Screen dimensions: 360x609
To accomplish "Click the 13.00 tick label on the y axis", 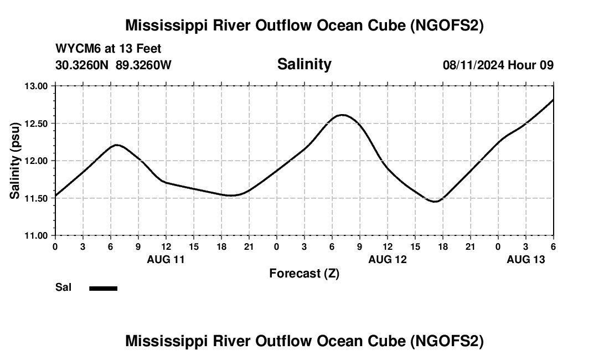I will tap(36, 86).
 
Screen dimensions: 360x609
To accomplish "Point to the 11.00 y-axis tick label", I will tap(36, 235).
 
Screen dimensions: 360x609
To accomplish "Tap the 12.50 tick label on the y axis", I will tap(36, 123).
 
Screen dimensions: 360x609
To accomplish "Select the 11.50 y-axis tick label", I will tap(36, 198).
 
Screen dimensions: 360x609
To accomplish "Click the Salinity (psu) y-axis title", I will tap(15, 161).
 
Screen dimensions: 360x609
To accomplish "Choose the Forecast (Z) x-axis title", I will tap(304, 273).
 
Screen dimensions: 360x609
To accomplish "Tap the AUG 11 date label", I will tap(166, 259).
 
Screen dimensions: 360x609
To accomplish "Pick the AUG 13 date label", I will tap(525, 259).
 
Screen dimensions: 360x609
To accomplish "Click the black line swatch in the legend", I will tap(103, 288).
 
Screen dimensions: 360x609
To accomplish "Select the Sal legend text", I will tap(63, 287).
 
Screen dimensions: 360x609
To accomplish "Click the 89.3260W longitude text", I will tap(143, 65).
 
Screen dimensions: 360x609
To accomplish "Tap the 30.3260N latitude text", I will tap(82, 65).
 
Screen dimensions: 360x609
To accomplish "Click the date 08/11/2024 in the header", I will tap(473, 65).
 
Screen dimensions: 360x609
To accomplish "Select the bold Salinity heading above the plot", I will tap(304, 64).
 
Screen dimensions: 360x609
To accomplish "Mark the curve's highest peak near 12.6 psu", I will tap(342, 115).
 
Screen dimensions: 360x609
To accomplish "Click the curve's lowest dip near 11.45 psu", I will tap(435, 202).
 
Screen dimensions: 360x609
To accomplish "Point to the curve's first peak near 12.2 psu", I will tap(116, 145).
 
